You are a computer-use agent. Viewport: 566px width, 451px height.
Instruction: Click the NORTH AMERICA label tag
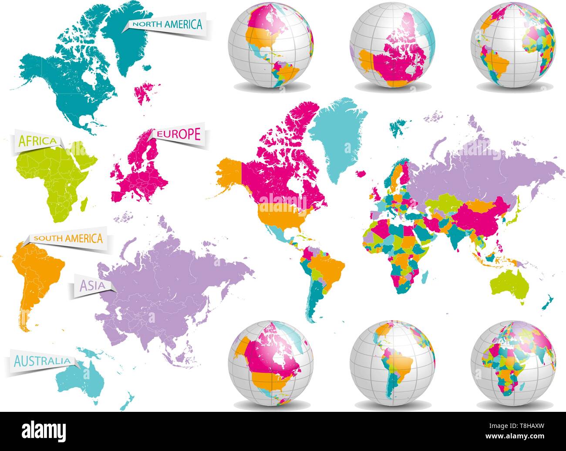(168, 25)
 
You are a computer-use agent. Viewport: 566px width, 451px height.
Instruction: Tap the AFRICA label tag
(37, 140)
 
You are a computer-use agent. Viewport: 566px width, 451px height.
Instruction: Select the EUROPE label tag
(179, 134)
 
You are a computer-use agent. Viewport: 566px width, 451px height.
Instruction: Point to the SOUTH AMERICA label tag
(68, 238)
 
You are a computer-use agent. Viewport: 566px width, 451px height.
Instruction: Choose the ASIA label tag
(91, 285)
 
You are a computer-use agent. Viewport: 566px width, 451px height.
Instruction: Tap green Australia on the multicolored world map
(509, 285)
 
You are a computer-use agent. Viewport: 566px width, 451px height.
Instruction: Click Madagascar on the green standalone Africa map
(85, 202)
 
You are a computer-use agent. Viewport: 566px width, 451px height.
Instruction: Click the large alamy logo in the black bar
(44, 431)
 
